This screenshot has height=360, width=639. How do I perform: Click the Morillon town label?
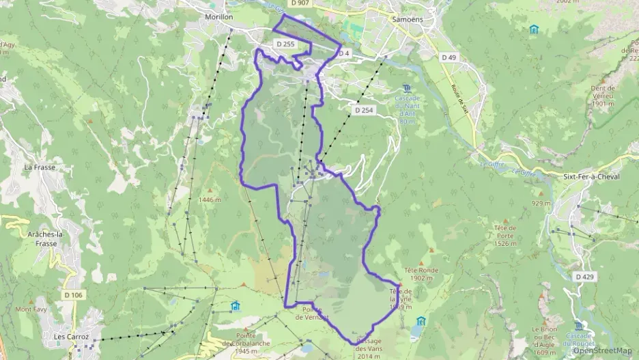(x=220, y=17)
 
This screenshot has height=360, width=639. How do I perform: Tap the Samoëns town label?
(x=408, y=19)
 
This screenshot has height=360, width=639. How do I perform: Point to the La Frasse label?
(x=39, y=167)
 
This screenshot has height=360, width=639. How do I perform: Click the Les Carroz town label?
(x=72, y=336)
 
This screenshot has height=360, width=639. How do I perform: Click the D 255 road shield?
(x=285, y=44)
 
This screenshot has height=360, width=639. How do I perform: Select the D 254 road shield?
(x=364, y=110)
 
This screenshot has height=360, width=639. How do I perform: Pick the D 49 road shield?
(x=449, y=57)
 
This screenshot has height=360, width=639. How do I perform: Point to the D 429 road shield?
(x=584, y=277)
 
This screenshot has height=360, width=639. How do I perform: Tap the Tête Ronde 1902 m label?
(x=421, y=274)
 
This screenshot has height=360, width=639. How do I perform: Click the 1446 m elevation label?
(x=210, y=199)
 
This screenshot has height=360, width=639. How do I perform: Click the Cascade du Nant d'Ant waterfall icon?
(x=408, y=88)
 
